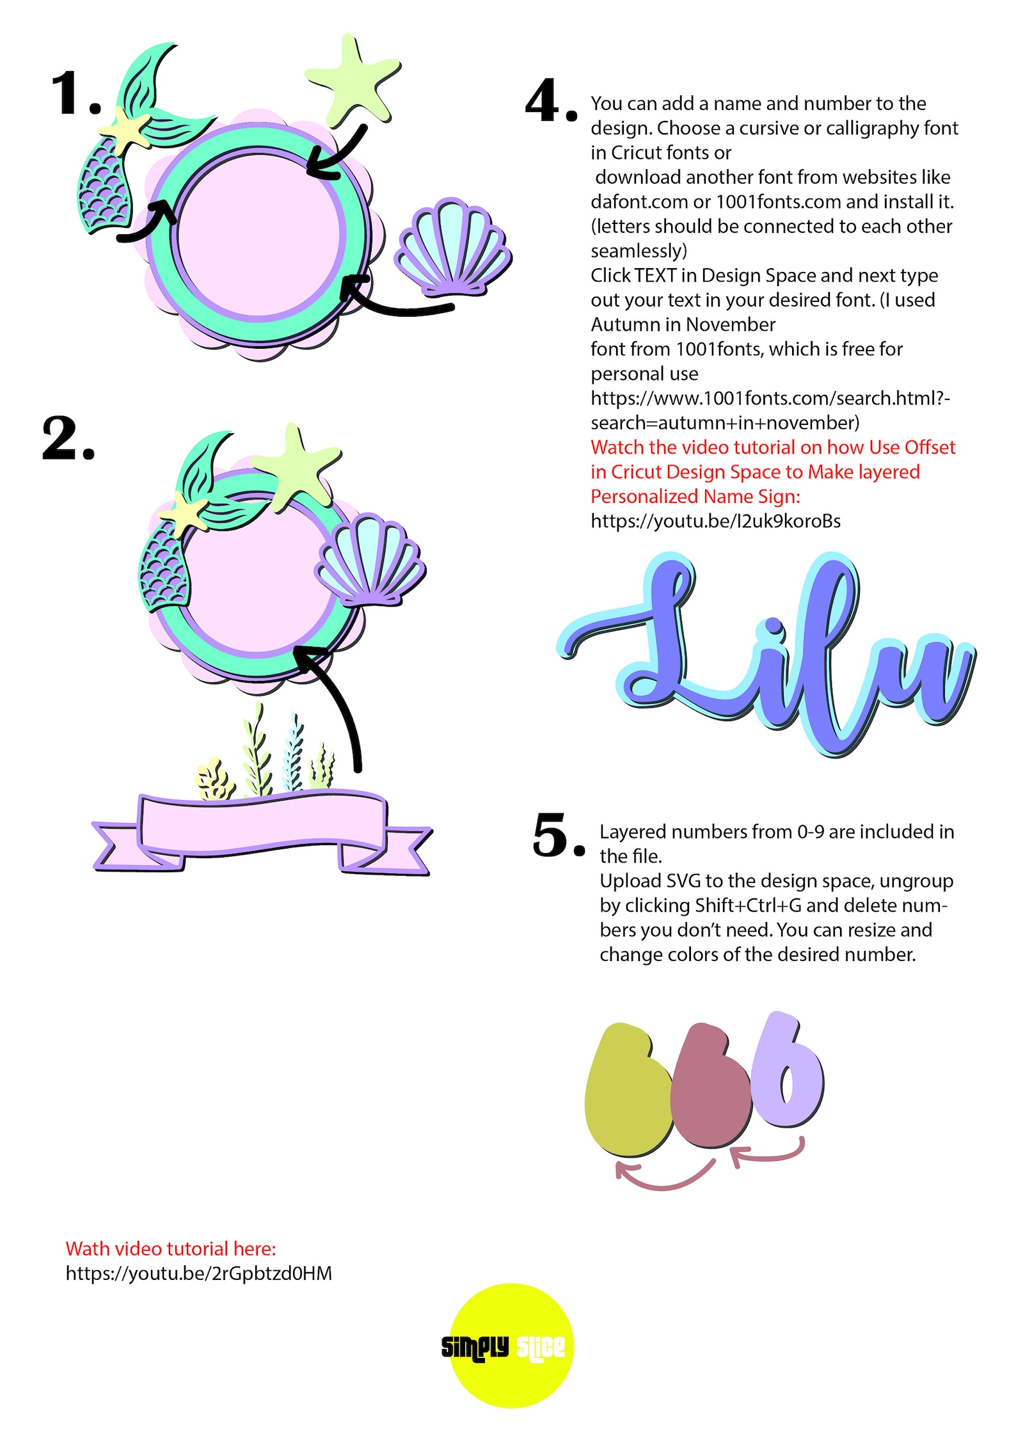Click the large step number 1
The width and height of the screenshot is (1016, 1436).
click(75, 94)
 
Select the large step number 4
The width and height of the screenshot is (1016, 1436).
click(550, 101)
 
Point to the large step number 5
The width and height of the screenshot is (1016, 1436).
click(557, 834)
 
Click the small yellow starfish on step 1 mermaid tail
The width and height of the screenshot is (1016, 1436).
click(125, 129)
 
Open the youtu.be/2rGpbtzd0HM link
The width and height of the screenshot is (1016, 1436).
click(199, 1273)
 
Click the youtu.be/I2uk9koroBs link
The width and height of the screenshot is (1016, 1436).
click(715, 521)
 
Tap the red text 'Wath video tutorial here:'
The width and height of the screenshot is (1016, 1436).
click(171, 1249)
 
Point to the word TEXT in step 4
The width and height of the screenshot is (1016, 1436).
click(655, 275)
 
